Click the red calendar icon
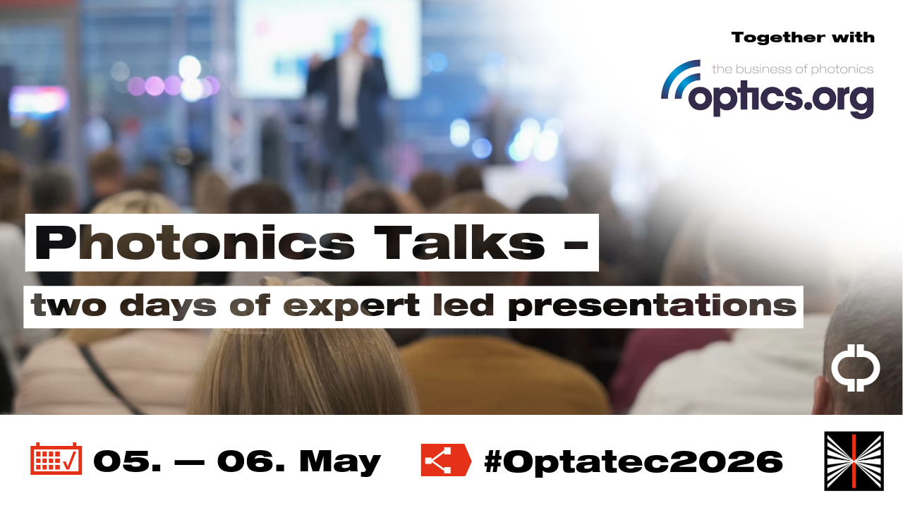(x=56, y=459)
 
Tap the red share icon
(x=444, y=460)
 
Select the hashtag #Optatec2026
(x=633, y=461)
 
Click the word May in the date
(x=340, y=461)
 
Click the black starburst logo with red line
(x=854, y=461)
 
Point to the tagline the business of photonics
(x=792, y=69)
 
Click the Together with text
(x=803, y=37)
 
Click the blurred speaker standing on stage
(x=351, y=85)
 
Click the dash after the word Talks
(x=576, y=243)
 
